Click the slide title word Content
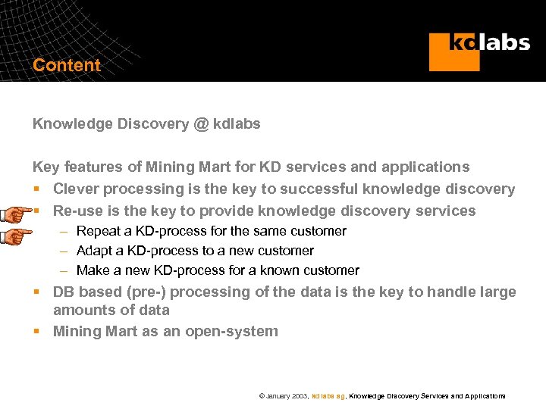pos(67,65)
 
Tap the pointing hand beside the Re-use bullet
pos(16,213)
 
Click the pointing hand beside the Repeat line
pos(16,236)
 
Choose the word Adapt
pos(95,251)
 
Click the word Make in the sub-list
pos(93,270)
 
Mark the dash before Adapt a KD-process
pos(66,251)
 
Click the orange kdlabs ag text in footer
pos(328,396)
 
